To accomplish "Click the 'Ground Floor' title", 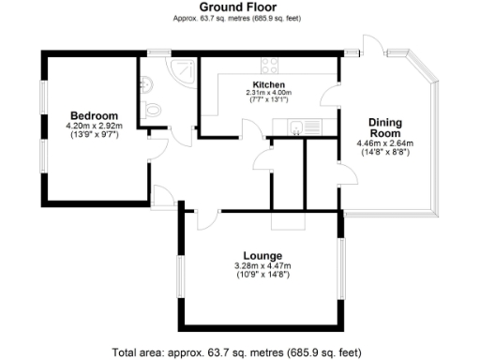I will pos(239,8).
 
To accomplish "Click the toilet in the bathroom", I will pos(154,110).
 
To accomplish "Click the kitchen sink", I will pos(294,127).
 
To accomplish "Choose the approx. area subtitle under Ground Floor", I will pos(239,19).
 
